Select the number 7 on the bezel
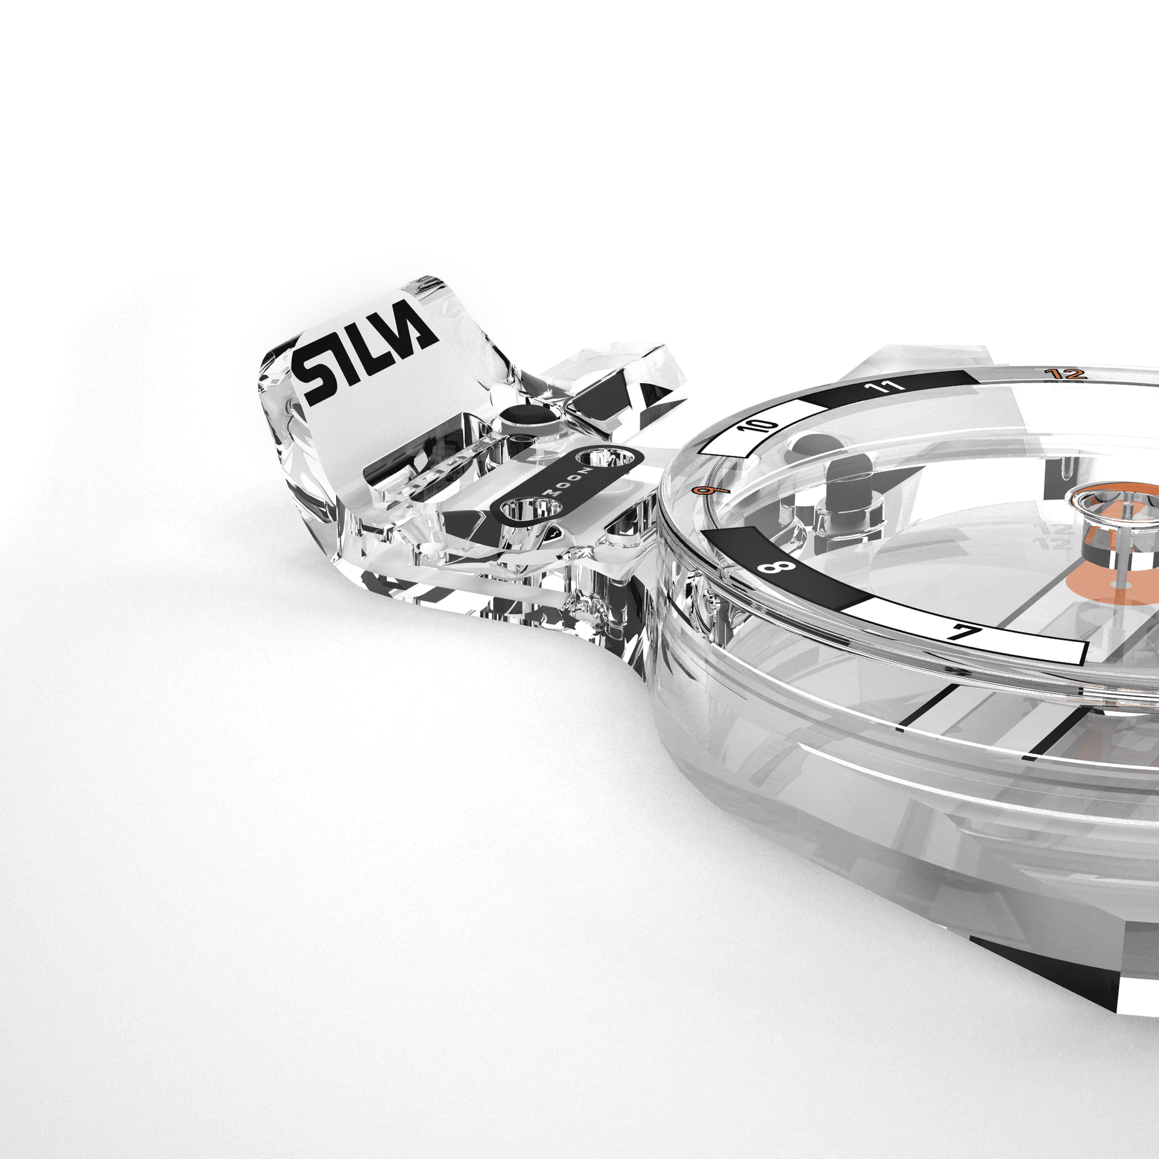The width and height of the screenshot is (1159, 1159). click(964, 632)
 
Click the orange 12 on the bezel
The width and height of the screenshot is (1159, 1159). click(1065, 373)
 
